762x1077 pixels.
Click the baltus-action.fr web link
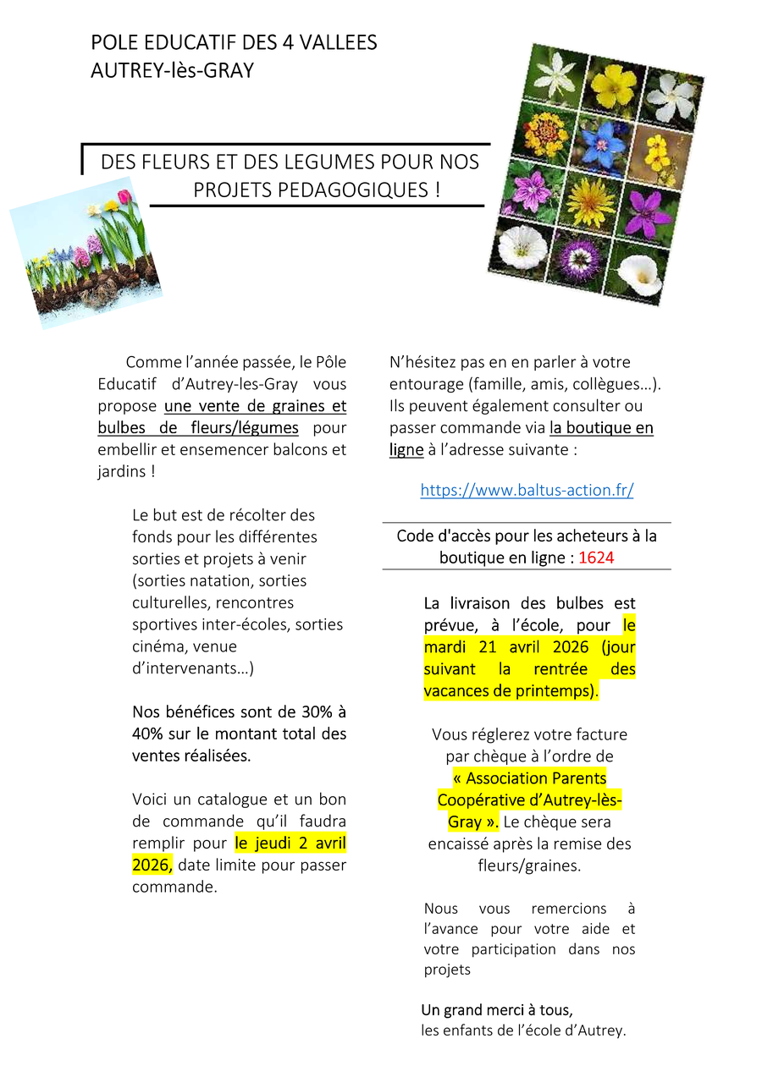click(527, 490)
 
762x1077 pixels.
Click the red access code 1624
click(597, 558)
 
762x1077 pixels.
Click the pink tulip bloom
click(124, 197)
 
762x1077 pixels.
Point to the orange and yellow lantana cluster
click(544, 135)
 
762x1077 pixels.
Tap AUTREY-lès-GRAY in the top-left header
click(172, 71)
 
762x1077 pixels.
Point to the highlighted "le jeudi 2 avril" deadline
click(290, 843)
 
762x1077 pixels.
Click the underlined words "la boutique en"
click(601, 428)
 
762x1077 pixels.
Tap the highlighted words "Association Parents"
click(529, 778)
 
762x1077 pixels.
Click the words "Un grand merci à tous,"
click(497, 1010)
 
